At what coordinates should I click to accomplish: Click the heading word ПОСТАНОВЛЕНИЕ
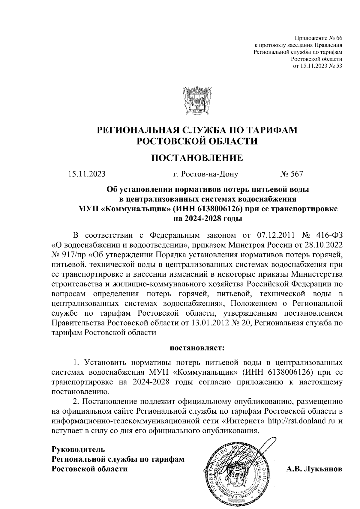click(197, 158)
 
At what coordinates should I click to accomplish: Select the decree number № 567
click(291, 174)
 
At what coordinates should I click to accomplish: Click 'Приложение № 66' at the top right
click(319, 38)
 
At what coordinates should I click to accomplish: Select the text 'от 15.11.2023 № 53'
click(318, 66)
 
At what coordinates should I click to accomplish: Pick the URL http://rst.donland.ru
click(301, 421)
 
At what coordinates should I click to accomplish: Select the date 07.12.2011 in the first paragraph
click(276, 234)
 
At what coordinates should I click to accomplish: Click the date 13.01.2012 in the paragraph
click(207, 323)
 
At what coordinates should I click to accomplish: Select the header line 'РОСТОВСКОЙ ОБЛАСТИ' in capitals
click(197, 141)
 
